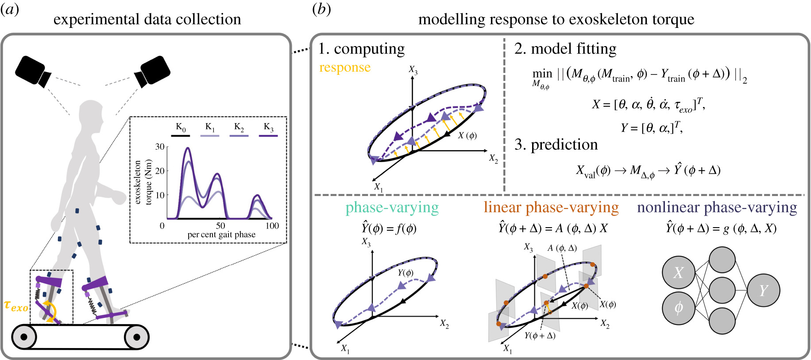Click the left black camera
point(33,71)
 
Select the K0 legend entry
point(181,129)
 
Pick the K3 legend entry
point(268,129)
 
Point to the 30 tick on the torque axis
point(160,147)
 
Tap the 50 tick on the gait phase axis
point(220,225)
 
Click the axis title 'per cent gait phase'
point(221,235)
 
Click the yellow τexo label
point(16,306)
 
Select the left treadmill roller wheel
point(24,337)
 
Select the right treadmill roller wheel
point(136,337)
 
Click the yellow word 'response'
point(345,68)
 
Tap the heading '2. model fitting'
point(565,49)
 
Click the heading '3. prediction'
point(556,145)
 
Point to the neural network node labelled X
point(678,272)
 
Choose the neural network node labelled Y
point(763,290)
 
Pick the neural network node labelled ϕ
point(678,308)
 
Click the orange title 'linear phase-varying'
point(551,207)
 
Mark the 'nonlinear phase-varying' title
point(717,207)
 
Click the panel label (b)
point(321,9)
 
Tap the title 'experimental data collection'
point(147,19)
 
